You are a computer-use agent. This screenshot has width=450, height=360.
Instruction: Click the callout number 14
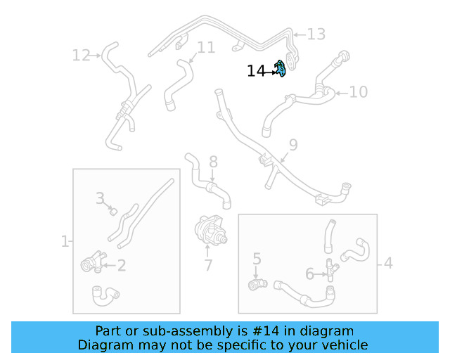pos(255,71)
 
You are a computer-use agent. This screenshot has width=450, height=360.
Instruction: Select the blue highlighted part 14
pos(280,69)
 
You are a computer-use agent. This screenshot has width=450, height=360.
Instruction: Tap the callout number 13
pos(316,34)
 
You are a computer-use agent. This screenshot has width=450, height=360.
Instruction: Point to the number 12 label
pos(82,54)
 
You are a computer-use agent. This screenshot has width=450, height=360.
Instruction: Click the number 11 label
pos(205,48)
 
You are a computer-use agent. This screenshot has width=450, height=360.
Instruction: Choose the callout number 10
pos(358,91)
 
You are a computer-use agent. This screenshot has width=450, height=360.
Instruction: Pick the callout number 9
pos(293,145)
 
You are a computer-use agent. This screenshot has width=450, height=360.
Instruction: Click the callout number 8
pos(213,162)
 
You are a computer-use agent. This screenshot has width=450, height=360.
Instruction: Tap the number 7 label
pos(208,266)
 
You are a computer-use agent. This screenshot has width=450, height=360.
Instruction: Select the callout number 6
pos(309,274)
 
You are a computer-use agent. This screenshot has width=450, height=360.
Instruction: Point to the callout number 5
pos(257,259)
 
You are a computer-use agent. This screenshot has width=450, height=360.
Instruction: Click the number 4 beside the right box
pos(387,264)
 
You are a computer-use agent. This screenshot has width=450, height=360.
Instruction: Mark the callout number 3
pos(101,198)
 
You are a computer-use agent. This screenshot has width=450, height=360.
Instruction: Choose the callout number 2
pos(121,265)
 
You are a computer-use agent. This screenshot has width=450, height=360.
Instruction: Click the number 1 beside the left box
pos(65,241)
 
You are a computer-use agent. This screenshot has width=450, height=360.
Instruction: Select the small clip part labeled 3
pos(112,210)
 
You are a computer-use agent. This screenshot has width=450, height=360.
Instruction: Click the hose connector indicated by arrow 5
pos(257,283)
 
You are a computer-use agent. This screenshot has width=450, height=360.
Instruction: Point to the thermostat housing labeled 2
pos(91,265)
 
